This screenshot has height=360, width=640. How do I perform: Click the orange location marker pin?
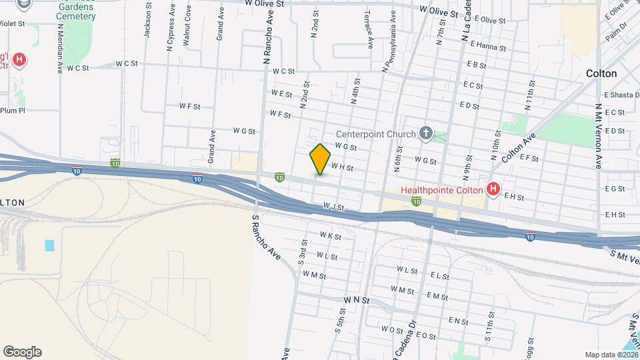(x=320, y=159)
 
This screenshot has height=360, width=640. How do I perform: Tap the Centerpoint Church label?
(x=375, y=133)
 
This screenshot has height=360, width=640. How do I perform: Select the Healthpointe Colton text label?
(x=442, y=190)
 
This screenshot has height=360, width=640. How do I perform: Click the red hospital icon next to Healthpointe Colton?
(x=493, y=190)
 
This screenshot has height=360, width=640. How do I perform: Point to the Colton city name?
(x=601, y=73)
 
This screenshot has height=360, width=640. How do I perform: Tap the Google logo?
(x=22, y=351)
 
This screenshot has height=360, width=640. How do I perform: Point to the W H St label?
(x=341, y=168)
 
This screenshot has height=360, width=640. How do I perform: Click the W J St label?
(x=333, y=207)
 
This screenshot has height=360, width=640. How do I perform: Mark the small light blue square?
(x=50, y=245)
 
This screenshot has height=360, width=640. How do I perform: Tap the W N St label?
(x=357, y=301)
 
